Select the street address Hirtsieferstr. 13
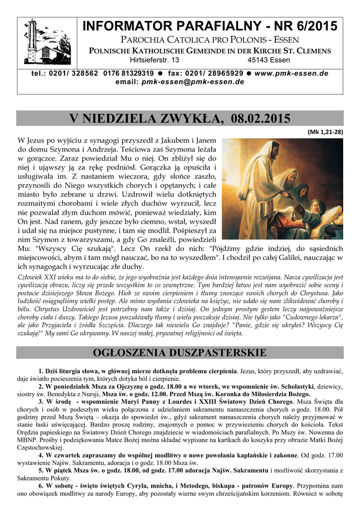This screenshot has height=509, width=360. pyautogui.click(x=155, y=60)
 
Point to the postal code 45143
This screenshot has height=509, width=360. pyautogui.click(x=259, y=60)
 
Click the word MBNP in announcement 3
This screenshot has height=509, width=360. pyautogui.click(x=26, y=438)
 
